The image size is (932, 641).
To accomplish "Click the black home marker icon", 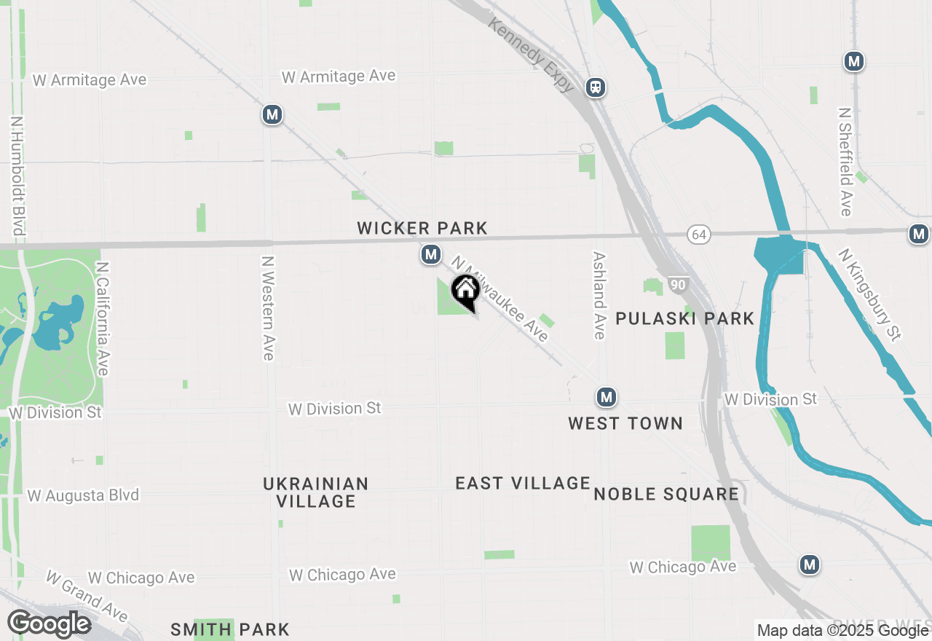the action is pyautogui.click(x=465, y=291).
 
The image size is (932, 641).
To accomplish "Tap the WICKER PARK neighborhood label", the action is pyautogui.click(x=422, y=229).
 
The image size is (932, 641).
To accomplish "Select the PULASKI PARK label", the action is pyautogui.click(x=685, y=318).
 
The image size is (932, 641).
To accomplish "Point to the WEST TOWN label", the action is pyautogui.click(x=625, y=423).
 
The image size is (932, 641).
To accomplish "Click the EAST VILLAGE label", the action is pyautogui.click(x=523, y=483).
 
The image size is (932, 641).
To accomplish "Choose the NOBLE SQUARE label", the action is pyautogui.click(x=666, y=494).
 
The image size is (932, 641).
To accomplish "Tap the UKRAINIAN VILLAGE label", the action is pyautogui.click(x=316, y=492).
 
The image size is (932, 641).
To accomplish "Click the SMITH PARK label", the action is pyautogui.click(x=230, y=629).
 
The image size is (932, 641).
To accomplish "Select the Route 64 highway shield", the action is pyautogui.click(x=698, y=235).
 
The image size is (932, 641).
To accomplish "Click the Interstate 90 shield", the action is pyautogui.click(x=678, y=285).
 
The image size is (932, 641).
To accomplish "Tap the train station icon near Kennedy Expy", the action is pyautogui.click(x=596, y=88).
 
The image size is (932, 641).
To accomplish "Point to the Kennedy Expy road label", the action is pyautogui.click(x=532, y=55).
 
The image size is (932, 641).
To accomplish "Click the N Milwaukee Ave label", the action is pyautogui.click(x=499, y=299).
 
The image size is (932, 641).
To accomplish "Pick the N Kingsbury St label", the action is pyautogui.click(x=869, y=294).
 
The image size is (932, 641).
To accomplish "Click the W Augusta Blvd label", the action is pyautogui.click(x=83, y=496).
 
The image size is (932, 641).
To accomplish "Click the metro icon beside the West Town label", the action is pyautogui.click(x=606, y=398).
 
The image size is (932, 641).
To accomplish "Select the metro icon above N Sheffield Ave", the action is pyautogui.click(x=854, y=62).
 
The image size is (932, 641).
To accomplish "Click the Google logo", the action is pyautogui.click(x=49, y=624).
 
